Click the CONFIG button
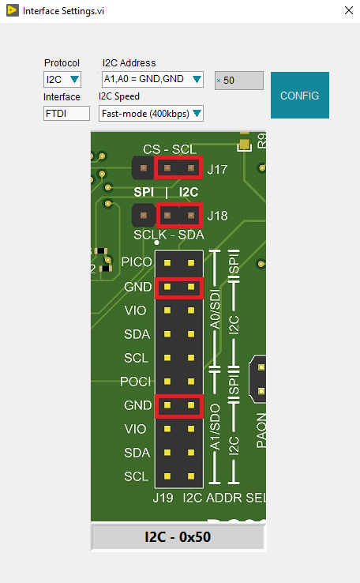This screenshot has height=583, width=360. click(299, 96)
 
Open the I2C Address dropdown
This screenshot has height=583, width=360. click(153, 79)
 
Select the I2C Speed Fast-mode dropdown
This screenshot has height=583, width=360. click(151, 114)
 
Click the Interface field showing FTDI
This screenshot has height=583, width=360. click(66, 114)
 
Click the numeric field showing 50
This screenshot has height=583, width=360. click(239, 80)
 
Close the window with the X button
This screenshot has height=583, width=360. click(348, 12)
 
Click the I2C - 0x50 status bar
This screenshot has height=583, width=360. click(178, 538)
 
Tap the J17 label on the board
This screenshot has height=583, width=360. click(217, 169)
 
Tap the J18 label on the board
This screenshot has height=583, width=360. click(217, 215)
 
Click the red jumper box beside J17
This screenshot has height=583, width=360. click(179, 168)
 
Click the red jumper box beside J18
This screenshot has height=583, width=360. click(179, 215)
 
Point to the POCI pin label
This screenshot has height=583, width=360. click(136, 381)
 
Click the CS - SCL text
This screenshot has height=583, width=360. click(170, 149)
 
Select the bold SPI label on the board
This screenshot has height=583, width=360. click(144, 192)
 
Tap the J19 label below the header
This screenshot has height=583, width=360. click(163, 498)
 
